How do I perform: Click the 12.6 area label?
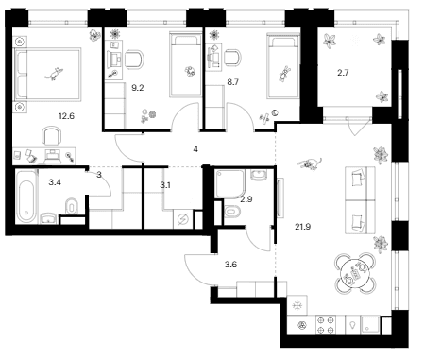pyautogui.click(x=66, y=116)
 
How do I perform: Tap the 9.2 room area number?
pyautogui.click(x=138, y=88)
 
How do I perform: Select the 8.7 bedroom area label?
pyautogui.click(x=232, y=82)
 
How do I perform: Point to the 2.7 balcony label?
pyautogui.click(x=343, y=73)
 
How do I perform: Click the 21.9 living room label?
pyautogui.click(x=303, y=227)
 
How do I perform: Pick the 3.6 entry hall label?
pyautogui.click(x=230, y=265)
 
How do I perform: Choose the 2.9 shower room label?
pyautogui.click(x=246, y=199)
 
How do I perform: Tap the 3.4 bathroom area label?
pyautogui.click(x=55, y=182)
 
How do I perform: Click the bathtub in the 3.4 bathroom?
pyautogui.click(x=26, y=197)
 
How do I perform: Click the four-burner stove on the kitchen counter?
pyautogui.click(x=326, y=325)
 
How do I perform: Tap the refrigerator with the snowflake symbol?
pyautogui.click(x=297, y=305)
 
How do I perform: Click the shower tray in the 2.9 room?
pyautogui.click(x=229, y=183)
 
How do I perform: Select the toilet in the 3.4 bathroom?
pyautogui.click(x=72, y=206)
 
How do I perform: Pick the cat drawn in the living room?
pyautogui.click(x=310, y=163)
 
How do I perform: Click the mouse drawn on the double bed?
pyautogui.click(x=54, y=74)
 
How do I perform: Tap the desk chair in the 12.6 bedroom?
pyautogui.click(x=52, y=136)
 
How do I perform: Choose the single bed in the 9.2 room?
pyautogui.click(x=185, y=64)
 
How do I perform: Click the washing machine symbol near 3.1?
pyautogui.click(x=182, y=219)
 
